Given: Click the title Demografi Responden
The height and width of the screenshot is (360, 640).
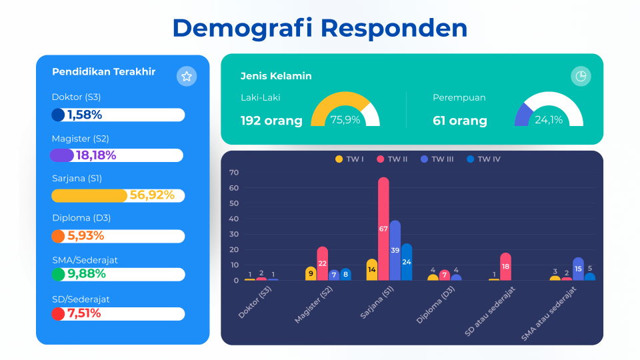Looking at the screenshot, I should pyautogui.click(x=319, y=29).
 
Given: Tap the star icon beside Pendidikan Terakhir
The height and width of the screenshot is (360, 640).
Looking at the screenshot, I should pyautogui.click(x=187, y=77).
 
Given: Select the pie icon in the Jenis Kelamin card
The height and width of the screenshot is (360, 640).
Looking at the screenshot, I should pyautogui.click(x=581, y=76).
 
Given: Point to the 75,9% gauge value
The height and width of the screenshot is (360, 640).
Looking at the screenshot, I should pyautogui.click(x=345, y=120).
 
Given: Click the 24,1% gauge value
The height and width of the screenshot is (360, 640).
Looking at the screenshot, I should pyautogui.click(x=549, y=120).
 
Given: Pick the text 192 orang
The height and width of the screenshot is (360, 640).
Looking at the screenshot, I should pyautogui.click(x=271, y=121).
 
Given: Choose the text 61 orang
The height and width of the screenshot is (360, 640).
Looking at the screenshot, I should pyautogui.click(x=460, y=121).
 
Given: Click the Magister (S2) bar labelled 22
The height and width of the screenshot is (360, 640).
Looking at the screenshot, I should pyautogui.click(x=323, y=263).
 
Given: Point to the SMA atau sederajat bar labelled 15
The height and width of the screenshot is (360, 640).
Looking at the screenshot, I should pyautogui.click(x=578, y=269).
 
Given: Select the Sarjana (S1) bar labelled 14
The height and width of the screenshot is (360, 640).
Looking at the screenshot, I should pyautogui.click(x=371, y=269).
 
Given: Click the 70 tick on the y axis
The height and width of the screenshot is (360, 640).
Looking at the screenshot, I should pyautogui.click(x=234, y=173).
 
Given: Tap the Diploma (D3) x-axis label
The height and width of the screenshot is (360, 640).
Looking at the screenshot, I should pyautogui.click(x=436, y=309).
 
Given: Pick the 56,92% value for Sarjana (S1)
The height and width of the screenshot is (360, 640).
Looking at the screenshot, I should pyautogui.click(x=152, y=195).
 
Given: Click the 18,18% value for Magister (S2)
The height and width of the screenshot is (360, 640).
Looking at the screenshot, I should pyautogui.click(x=96, y=155).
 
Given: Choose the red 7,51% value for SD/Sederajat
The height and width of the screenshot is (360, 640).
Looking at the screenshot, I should pyautogui.click(x=84, y=313).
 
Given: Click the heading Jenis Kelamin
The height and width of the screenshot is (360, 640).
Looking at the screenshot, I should pyautogui.click(x=276, y=76).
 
